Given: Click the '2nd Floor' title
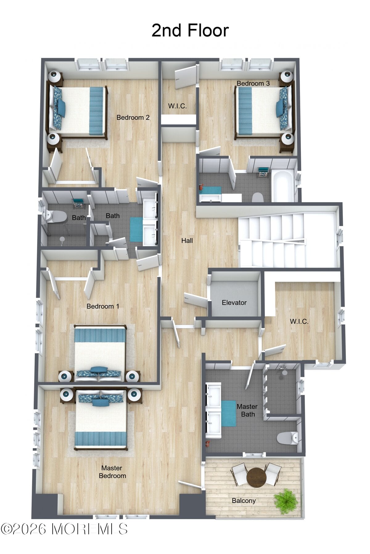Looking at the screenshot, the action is (x=190, y=30).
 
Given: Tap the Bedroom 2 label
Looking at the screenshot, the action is (x=133, y=117).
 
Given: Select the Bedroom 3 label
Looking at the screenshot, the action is (x=253, y=83).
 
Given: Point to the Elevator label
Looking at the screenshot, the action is (x=234, y=303).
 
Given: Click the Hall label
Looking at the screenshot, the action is (x=187, y=240).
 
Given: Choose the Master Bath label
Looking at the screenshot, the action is (x=247, y=410).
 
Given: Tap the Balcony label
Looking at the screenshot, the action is (x=244, y=500).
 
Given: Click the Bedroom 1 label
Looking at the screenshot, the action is (x=103, y=306).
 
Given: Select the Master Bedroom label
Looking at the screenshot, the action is (x=112, y=472).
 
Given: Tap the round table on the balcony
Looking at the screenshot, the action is (x=256, y=477).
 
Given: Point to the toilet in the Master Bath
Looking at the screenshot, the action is (x=287, y=438).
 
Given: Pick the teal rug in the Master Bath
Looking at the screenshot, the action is (x=228, y=413).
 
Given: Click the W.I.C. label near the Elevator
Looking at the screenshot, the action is (x=299, y=322).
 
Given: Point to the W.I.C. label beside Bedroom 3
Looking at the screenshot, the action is (x=177, y=106).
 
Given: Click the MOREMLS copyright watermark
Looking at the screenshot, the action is (x=64, y=529).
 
